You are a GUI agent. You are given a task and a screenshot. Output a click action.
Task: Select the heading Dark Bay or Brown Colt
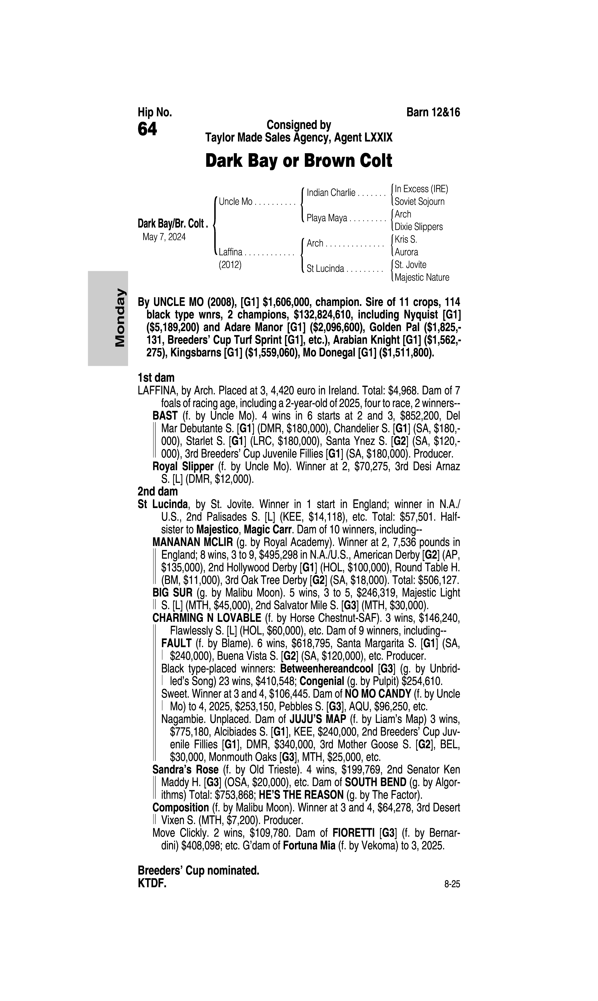(299, 161)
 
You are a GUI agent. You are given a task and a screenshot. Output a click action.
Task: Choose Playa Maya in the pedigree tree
(327, 218)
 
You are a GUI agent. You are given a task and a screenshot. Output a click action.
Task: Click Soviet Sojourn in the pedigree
(419, 202)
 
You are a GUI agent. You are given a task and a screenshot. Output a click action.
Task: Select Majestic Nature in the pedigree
(421, 278)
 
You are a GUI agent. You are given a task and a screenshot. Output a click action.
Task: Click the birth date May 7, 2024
(164, 237)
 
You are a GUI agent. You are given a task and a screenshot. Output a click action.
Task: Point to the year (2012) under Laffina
(230, 265)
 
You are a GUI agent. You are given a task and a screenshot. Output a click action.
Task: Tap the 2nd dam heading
(158, 492)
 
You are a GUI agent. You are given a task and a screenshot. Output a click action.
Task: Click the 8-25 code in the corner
(452, 884)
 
